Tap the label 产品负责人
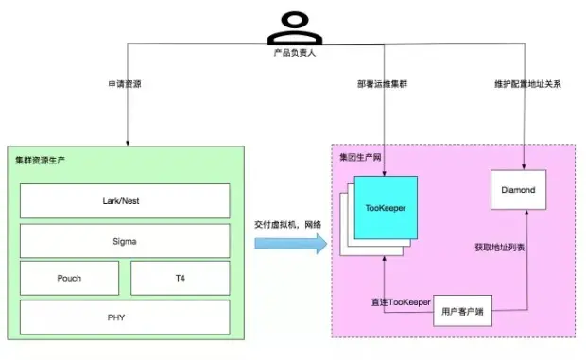(x=291, y=52)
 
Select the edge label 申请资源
(x=127, y=83)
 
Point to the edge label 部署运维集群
(x=384, y=83)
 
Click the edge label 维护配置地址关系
(x=526, y=83)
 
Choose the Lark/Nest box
(x=125, y=201)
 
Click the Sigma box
(x=125, y=241)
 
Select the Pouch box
(x=69, y=279)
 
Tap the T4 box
(x=180, y=279)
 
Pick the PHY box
(x=125, y=317)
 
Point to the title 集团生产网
(x=361, y=156)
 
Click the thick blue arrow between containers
(x=289, y=245)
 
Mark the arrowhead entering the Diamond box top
(x=525, y=166)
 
